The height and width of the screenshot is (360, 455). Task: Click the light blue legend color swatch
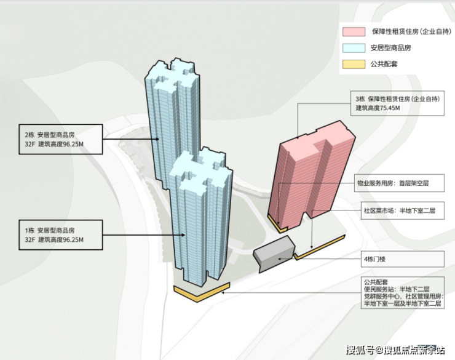click(355, 47)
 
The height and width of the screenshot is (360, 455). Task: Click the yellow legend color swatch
click(355, 64)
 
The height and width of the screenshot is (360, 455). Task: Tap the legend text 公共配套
click(386, 64)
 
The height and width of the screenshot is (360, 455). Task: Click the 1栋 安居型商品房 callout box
click(60, 234)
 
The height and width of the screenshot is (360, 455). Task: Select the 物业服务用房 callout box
click(400, 183)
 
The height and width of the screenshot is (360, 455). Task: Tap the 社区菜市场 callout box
click(400, 210)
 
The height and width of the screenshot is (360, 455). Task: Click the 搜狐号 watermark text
click(360, 351)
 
